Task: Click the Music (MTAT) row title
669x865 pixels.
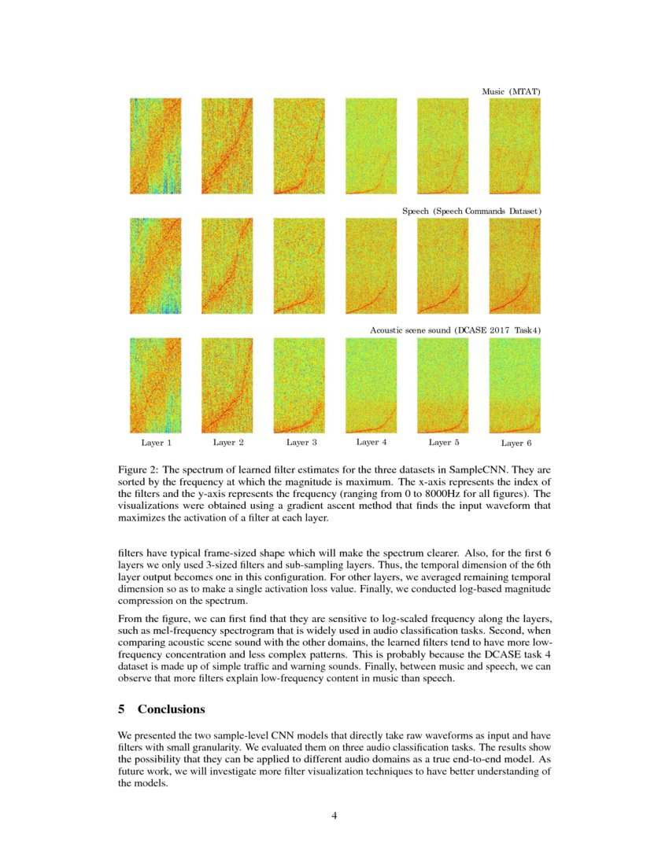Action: pos(511,92)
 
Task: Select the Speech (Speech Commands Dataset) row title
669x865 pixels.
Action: pos(471,212)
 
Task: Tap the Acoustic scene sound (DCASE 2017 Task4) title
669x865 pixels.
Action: pos(455,331)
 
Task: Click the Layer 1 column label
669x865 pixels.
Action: pos(156,443)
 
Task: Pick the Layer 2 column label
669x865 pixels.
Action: pos(228,443)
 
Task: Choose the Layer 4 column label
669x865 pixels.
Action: pos(371,443)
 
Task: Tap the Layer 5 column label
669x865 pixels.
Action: pos(443,443)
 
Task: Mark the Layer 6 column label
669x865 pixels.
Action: pos(516,443)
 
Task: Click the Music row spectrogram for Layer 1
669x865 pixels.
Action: pos(156,146)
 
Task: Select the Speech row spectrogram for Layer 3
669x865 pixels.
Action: pos(298,266)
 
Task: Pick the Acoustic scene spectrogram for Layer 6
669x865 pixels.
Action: pos(515,385)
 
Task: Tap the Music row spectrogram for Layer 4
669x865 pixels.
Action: pos(371,146)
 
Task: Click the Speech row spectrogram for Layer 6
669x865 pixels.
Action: pos(515,266)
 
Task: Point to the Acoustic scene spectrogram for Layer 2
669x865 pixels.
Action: pos(227,385)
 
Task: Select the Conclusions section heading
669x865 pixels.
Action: pos(172,709)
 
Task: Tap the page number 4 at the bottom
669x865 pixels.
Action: pos(334,815)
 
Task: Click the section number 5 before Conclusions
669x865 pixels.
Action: pos(122,709)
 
